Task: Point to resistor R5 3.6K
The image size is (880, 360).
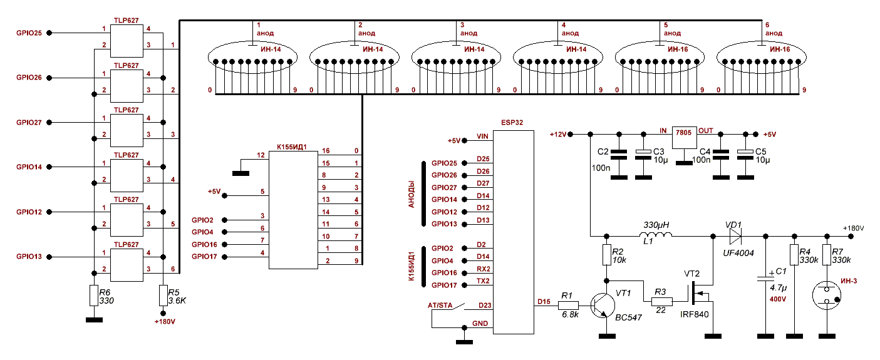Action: click(x=163, y=295)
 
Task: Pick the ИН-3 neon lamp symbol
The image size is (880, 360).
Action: click(x=826, y=293)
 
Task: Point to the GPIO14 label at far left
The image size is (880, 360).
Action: click(x=29, y=167)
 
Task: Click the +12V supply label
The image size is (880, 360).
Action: click(x=557, y=135)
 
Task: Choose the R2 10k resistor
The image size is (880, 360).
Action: click(x=606, y=255)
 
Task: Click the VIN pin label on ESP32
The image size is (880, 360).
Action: click(x=482, y=136)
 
